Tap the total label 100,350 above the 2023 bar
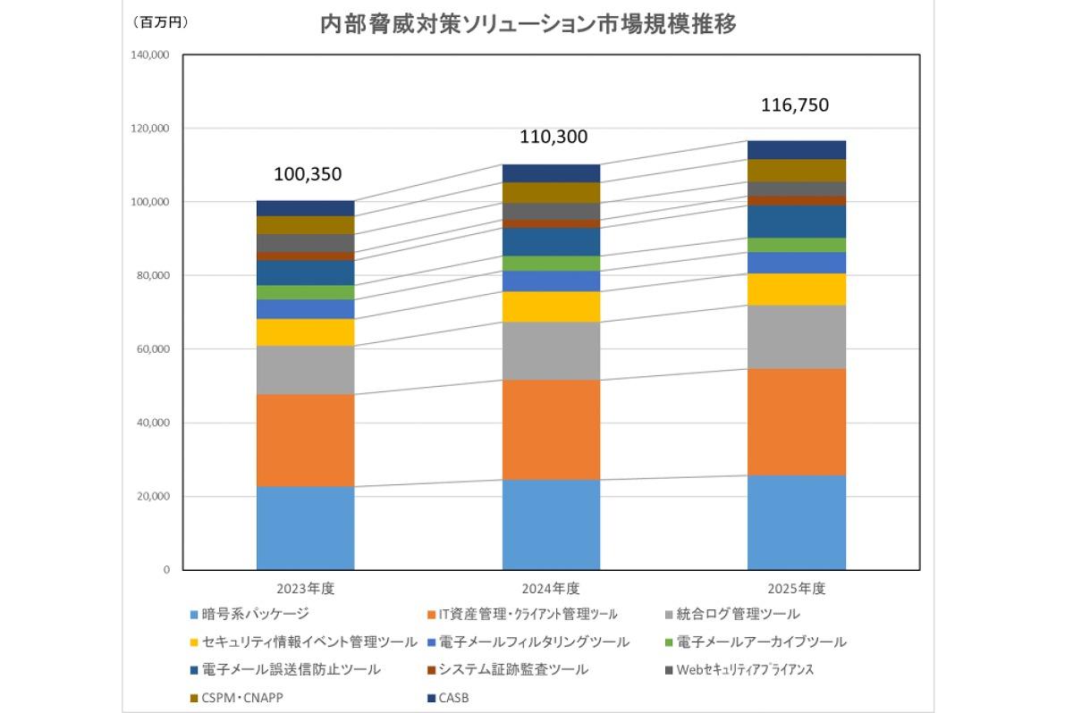[308, 173]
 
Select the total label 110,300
[553, 137]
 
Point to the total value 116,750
[795, 105]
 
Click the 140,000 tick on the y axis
[150, 55]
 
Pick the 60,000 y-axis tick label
[153, 349]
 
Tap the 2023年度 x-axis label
[305, 589]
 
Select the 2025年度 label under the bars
[796, 589]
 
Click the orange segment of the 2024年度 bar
[551, 430]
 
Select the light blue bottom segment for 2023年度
[305, 528]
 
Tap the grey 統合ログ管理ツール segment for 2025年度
[797, 337]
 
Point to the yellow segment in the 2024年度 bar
[551, 306]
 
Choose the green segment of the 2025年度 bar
[797, 245]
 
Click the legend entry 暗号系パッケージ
[256, 615]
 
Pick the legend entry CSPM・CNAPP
[242, 697]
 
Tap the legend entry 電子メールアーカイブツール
[761, 642]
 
